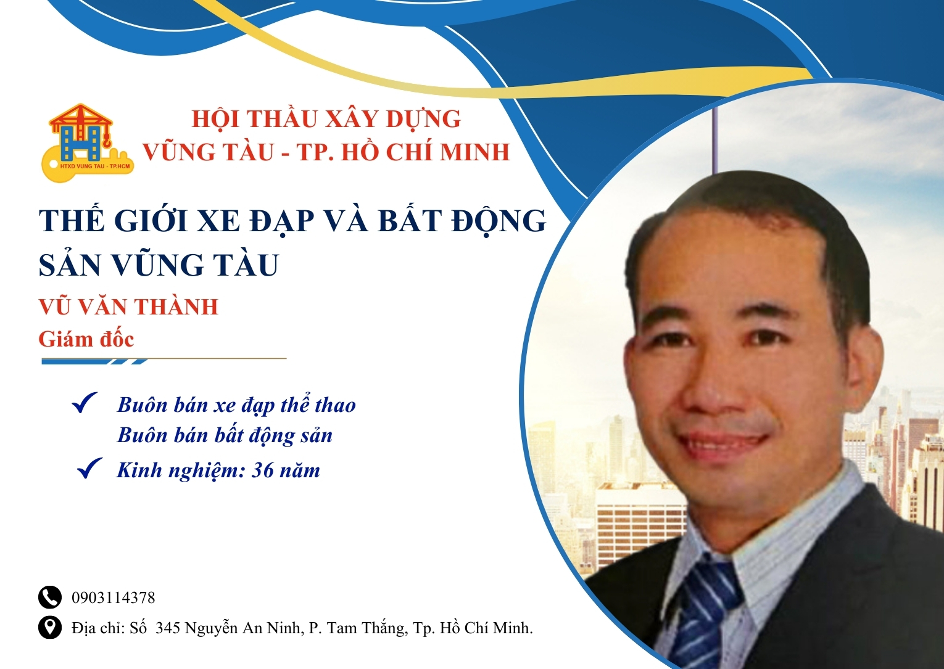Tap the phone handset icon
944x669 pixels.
[x=50, y=597]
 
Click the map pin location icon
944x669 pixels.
[x=50, y=627]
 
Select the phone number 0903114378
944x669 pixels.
[x=114, y=597]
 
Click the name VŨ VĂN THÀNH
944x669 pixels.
[x=128, y=306]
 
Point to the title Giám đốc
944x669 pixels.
[x=86, y=339]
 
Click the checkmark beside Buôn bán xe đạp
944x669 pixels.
[x=85, y=403]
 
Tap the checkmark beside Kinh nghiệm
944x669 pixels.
[x=89, y=469]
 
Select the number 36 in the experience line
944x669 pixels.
[x=262, y=470]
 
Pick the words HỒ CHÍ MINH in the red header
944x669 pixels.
[x=426, y=152]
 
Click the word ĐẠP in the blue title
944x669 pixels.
[x=281, y=221]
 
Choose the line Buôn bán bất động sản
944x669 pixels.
[x=225, y=435]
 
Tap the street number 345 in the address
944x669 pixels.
[x=168, y=628]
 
